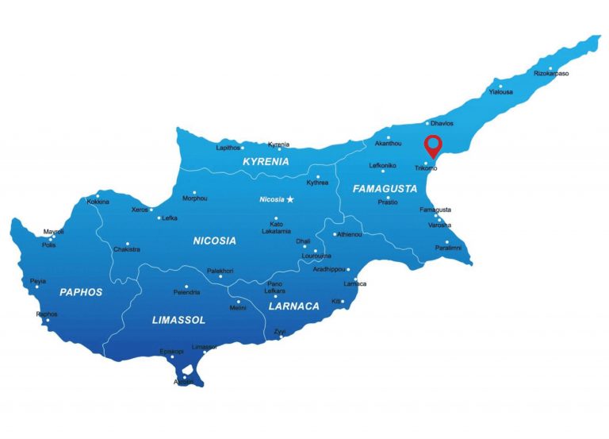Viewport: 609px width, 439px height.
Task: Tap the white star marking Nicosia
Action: point(290,198)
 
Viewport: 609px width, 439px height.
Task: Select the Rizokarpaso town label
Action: point(551,74)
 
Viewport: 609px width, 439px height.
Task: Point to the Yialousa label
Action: point(500,92)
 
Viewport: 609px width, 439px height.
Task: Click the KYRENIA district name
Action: point(266,161)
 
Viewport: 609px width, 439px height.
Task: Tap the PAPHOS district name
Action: point(81,292)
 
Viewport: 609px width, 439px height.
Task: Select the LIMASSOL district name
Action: point(178,320)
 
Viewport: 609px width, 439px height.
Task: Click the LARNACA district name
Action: point(294,306)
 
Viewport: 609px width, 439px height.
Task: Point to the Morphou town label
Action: point(194,198)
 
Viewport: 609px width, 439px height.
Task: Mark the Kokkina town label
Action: point(98,202)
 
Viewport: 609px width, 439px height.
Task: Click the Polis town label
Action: point(48,245)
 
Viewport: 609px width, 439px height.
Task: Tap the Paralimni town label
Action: point(447,248)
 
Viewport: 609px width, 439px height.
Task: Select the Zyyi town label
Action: point(280,331)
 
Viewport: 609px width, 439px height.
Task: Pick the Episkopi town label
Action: point(172,351)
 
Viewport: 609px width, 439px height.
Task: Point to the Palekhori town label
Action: point(220,271)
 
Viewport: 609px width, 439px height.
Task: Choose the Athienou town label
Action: point(349,234)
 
